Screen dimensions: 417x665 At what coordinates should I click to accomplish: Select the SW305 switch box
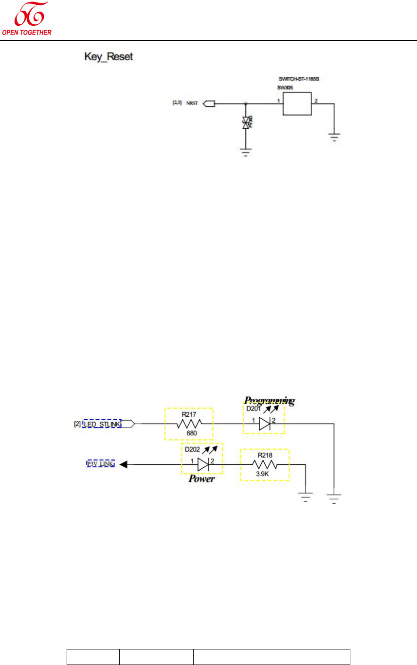tap(296, 104)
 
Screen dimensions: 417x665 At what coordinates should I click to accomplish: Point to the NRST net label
tap(192, 103)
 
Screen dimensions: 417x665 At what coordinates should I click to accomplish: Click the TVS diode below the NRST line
tap(246, 122)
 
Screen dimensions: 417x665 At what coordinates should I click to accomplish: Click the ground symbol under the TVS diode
tap(246, 153)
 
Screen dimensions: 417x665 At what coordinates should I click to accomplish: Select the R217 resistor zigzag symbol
tap(188, 424)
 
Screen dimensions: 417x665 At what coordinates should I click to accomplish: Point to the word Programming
tap(269, 401)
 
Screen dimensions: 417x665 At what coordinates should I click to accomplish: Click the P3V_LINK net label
tap(100, 464)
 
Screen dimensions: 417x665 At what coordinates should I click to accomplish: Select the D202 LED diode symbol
tap(202, 464)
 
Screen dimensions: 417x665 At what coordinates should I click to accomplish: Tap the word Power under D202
tap(202, 478)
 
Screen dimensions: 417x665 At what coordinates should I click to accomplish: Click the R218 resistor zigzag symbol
tap(265, 464)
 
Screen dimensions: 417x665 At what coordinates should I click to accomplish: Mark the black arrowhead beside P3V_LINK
tap(124, 464)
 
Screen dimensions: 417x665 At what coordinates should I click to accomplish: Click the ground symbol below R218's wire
tap(306, 497)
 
